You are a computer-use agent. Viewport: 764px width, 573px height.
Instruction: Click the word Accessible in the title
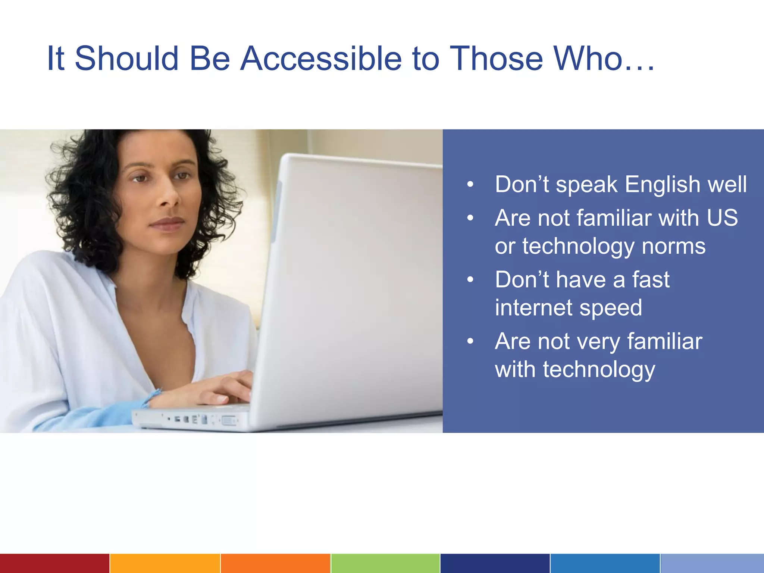pos(321,59)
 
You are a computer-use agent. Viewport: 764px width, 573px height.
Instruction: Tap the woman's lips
pos(167,224)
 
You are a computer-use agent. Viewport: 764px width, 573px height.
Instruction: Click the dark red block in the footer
pos(54,563)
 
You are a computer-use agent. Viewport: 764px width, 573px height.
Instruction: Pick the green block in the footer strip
pos(385,563)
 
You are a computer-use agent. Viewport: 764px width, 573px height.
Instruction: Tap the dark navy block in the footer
pos(495,563)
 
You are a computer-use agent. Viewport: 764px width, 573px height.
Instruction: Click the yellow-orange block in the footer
pos(165,563)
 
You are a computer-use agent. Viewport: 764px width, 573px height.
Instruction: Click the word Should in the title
pos(127,59)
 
